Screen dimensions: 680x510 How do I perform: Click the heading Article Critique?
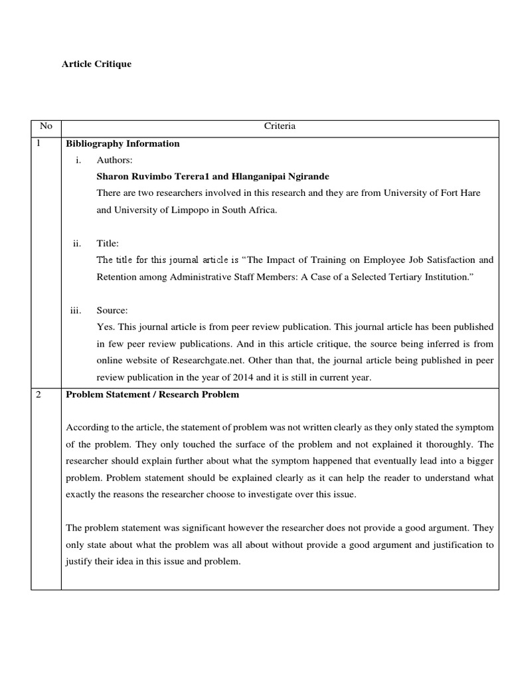pos(96,64)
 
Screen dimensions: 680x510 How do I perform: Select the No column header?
pos(45,126)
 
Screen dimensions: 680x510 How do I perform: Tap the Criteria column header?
pos(280,126)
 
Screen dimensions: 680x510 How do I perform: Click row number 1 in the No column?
pos(39,143)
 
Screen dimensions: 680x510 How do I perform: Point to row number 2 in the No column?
pos(39,394)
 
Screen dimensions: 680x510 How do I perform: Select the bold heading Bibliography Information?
pos(122,143)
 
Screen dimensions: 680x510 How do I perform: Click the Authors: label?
pos(114,160)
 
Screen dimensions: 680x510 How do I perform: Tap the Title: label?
pos(108,244)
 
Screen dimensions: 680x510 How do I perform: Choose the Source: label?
pos(112,310)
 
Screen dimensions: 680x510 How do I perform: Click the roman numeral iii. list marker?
pos(76,310)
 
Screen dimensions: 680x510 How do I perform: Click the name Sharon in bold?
pos(113,177)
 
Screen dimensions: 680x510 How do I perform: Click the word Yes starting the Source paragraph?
pos(104,327)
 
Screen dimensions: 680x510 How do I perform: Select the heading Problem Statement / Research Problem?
pos(152,394)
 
